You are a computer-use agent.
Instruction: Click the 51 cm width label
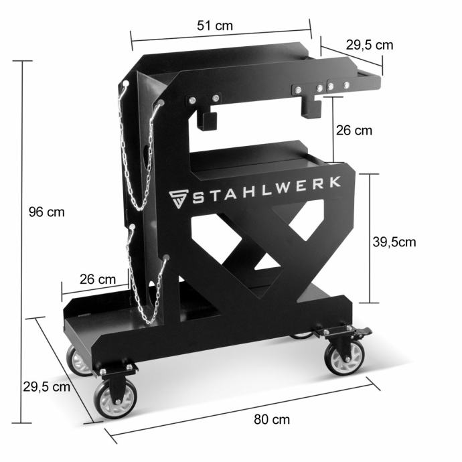pos(215,25)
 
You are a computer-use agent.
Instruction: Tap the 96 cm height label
pos(47,212)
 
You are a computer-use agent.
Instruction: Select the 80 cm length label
pos(272,419)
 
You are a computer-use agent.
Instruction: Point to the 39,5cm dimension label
pos(394,242)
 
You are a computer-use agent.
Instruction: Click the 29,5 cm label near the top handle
pos(370,45)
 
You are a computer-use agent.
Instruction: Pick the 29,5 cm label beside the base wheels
pos(47,386)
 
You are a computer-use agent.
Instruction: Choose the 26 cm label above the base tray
pos(98,279)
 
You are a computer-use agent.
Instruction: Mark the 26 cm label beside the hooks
pos(354,131)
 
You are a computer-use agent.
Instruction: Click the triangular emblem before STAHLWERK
pos(179,199)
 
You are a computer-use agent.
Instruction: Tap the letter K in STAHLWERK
pos(335,182)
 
